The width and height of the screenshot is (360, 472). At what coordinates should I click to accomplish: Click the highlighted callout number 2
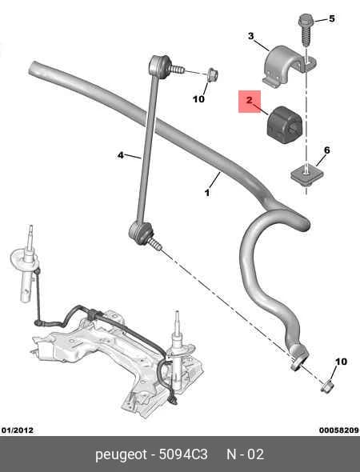tap(250, 100)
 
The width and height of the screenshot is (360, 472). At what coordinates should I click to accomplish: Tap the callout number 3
tap(250, 36)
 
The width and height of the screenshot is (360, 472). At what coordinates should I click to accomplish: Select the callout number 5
tap(331, 18)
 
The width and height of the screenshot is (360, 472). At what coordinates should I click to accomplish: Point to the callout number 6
tap(327, 150)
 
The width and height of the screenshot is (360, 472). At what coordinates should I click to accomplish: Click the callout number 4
tap(121, 155)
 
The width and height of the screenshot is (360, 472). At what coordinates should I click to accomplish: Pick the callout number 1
tap(207, 192)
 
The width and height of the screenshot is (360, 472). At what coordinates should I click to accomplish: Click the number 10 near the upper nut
tap(198, 98)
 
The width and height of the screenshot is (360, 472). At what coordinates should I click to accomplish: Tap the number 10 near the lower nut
tap(341, 362)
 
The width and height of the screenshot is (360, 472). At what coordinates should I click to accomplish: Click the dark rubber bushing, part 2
tap(283, 124)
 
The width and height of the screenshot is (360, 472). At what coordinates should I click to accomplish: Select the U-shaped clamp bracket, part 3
tap(287, 66)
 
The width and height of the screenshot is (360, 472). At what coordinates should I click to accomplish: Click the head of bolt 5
tap(306, 22)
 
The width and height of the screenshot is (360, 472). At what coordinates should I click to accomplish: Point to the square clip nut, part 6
tap(306, 175)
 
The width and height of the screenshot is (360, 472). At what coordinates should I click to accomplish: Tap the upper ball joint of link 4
tap(160, 66)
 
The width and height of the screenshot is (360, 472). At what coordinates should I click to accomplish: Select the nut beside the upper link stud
tap(212, 74)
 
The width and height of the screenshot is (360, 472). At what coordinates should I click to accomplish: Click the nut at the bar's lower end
tap(327, 386)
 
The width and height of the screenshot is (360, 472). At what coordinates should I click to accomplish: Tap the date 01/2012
tap(18, 430)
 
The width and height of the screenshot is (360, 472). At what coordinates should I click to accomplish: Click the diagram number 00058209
tap(339, 430)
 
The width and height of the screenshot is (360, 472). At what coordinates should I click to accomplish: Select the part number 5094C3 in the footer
tap(183, 454)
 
